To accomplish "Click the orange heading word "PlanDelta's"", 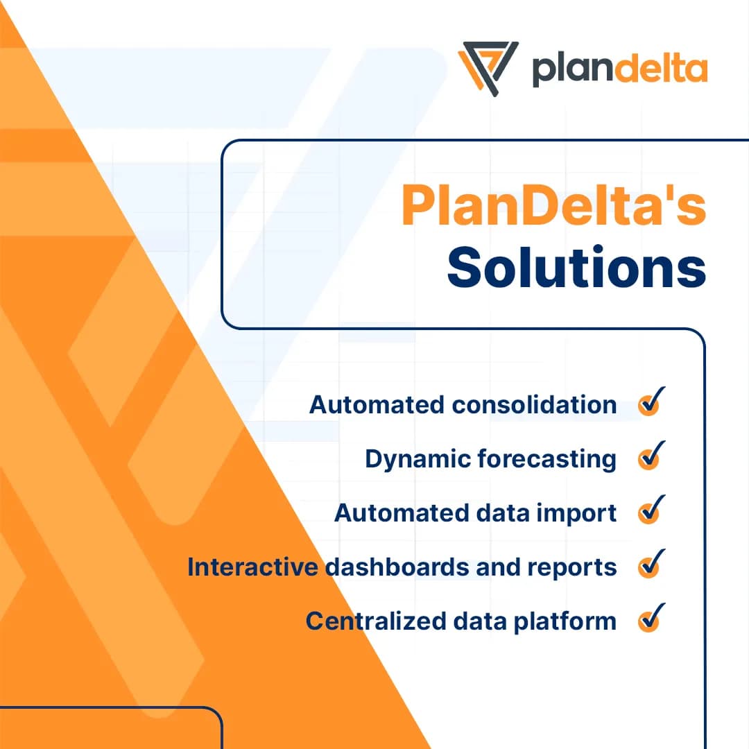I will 553,206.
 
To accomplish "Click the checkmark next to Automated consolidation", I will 650,402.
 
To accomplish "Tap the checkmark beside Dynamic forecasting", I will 650,456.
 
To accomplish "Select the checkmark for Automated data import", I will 650,511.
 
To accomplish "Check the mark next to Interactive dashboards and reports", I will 650,565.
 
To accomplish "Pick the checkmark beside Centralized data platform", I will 650,619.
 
